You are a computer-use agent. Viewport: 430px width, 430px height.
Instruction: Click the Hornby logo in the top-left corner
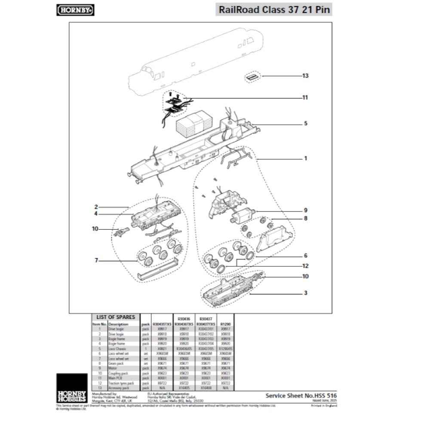(x=76, y=9)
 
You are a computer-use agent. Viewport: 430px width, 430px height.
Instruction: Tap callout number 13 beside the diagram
(x=305, y=76)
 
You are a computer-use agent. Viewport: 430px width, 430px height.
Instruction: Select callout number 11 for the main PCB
(x=305, y=98)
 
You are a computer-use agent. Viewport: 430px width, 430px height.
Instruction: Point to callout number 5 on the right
(x=306, y=123)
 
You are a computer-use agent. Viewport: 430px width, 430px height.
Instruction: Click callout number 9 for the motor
(x=305, y=210)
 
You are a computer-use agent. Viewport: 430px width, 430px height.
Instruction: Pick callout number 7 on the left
(x=97, y=260)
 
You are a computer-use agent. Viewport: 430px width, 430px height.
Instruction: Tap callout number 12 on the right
(x=305, y=266)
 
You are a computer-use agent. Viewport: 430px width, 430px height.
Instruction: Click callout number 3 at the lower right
(x=305, y=293)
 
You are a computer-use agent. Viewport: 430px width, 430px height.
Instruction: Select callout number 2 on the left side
(x=97, y=207)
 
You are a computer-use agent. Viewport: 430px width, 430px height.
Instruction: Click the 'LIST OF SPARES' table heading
(x=115, y=317)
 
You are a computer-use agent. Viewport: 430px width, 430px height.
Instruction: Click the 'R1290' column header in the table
(x=225, y=324)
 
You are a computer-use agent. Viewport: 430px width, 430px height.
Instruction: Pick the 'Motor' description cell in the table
(x=112, y=369)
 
